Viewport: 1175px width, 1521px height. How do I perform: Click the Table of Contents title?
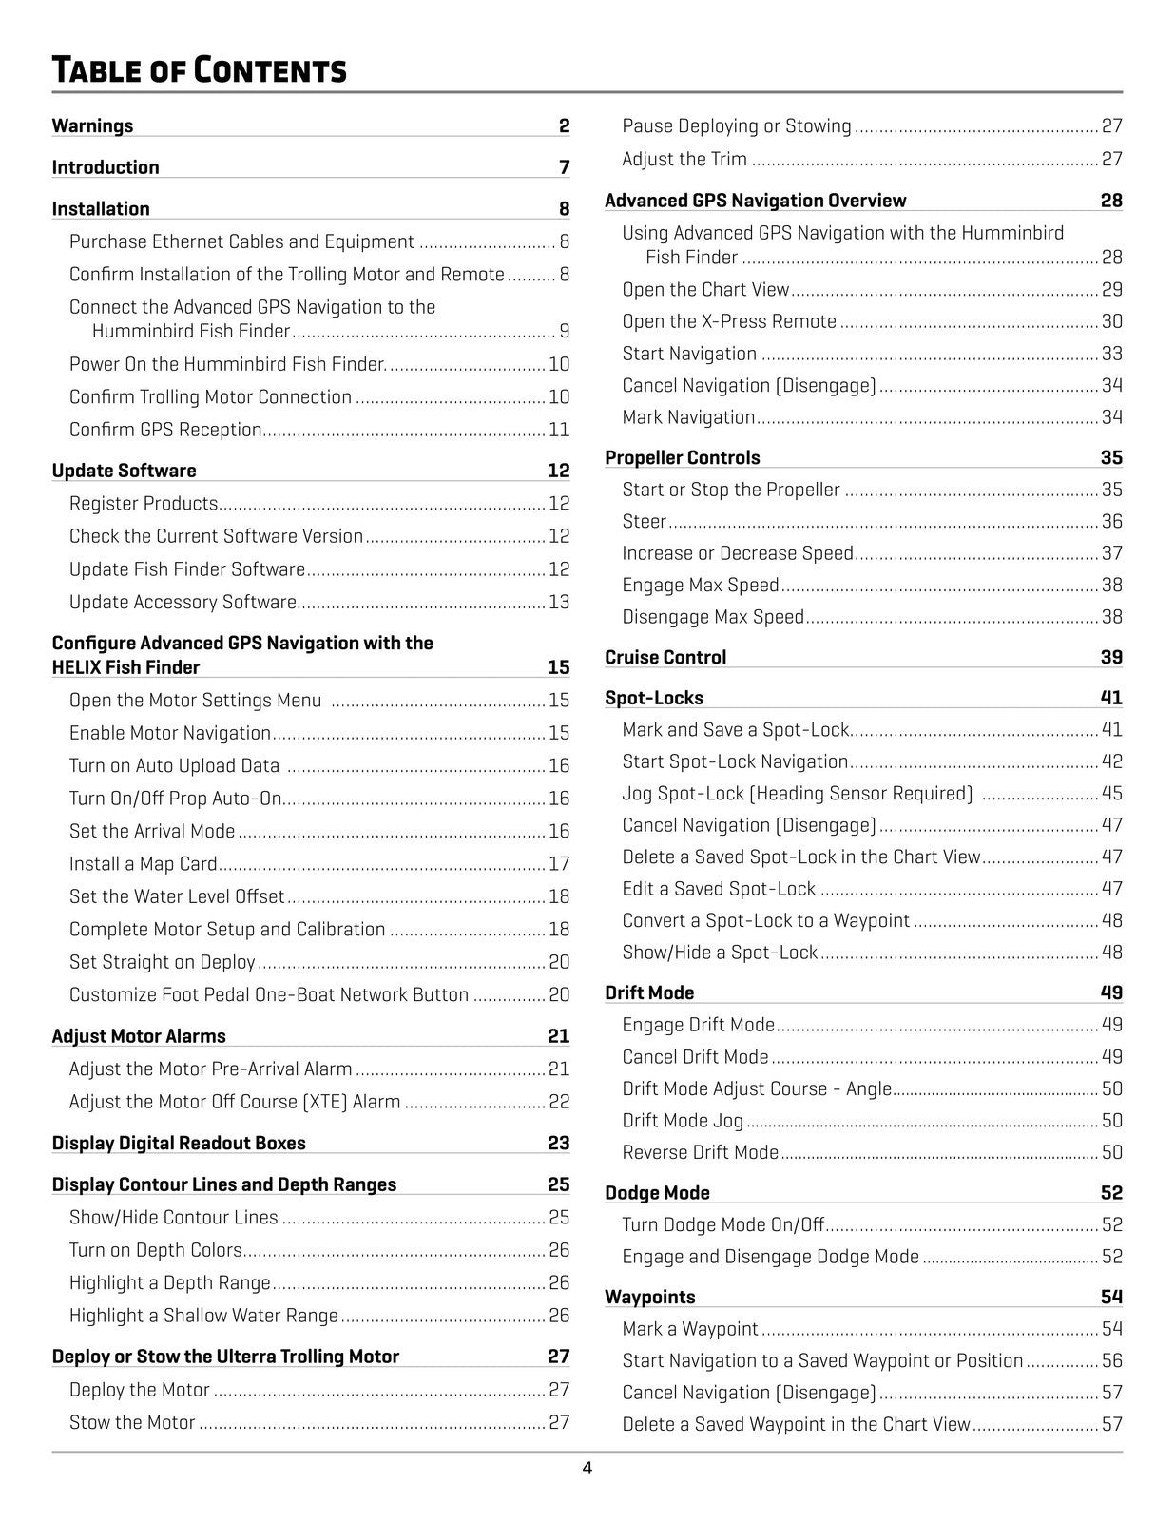pyautogui.click(x=199, y=70)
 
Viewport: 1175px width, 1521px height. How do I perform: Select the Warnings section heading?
pyautogui.click(x=92, y=125)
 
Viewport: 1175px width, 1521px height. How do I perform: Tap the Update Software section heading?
pyautogui.click(x=124, y=471)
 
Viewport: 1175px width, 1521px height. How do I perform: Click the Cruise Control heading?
pyautogui.click(x=665, y=657)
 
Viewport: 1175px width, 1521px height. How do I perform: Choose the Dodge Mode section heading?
pyautogui.click(x=657, y=1192)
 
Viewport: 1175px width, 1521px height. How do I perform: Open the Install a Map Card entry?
pyautogui.click(x=143, y=863)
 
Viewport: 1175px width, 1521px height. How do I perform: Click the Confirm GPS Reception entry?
pyautogui.click(x=165, y=430)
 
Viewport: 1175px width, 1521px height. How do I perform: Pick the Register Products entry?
pyautogui.click(x=144, y=503)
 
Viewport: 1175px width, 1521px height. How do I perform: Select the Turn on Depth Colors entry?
pyautogui.click(x=155, y=1250)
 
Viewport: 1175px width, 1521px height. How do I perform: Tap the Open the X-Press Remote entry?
pyautogui.click(x=729, y=321)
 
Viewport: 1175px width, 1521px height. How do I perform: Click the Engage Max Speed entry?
pyautogui.click(x=701, y=585)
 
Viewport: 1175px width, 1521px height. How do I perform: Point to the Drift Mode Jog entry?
pyautogui.click(x=683, y=1121)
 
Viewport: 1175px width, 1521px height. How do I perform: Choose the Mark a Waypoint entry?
pyautogui.click(x=690, y=1329)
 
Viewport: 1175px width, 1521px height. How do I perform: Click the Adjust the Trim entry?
pyautogui.click(x=684, y=159)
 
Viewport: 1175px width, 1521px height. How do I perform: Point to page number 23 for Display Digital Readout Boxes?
pyautogui.click(x=558, y=1143)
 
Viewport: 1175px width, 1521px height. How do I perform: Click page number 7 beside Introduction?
pyautogui.click(x=564, y=167)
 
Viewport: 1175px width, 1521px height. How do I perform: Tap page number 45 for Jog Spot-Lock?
pyautogui.click(x=1111, y=793)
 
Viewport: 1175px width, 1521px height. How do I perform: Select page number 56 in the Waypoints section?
pyautogui.click(x=1111, y=1360)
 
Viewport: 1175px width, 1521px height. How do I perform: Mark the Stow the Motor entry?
pyautogui.click(x=132, y=1422)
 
